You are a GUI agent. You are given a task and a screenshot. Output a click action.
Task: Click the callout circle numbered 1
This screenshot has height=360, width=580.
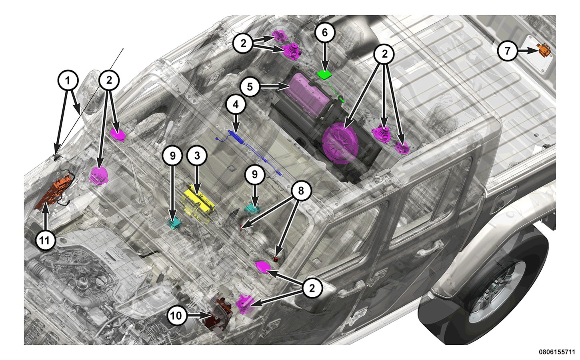coord(68,80)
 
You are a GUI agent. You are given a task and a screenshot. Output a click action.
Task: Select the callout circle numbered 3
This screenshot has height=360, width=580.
coord(197,156)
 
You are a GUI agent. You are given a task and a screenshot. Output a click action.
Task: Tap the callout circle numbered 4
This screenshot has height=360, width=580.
coord(236,105)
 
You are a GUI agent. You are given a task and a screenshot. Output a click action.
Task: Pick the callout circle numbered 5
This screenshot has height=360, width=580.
coord(250,87)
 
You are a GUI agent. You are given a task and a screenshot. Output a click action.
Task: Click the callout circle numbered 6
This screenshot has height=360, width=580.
coord(325,33)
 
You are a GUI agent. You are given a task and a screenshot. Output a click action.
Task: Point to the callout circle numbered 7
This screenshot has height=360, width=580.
coord(508,51)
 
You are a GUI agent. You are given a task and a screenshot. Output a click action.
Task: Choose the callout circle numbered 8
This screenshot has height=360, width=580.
coord(301,191)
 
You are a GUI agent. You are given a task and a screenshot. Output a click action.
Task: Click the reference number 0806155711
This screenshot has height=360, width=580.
coord(556,352)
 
